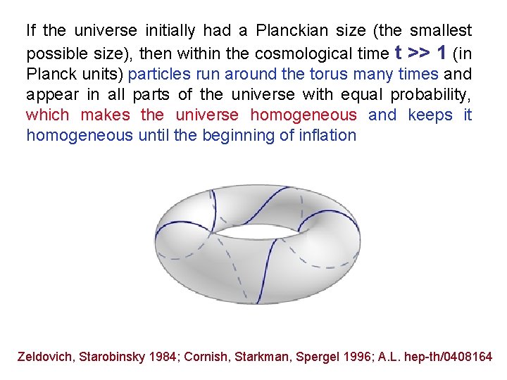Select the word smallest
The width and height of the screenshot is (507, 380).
438,31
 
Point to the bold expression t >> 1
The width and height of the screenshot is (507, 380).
423,52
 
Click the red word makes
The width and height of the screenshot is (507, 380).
106,115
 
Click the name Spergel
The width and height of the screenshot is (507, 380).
312,357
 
